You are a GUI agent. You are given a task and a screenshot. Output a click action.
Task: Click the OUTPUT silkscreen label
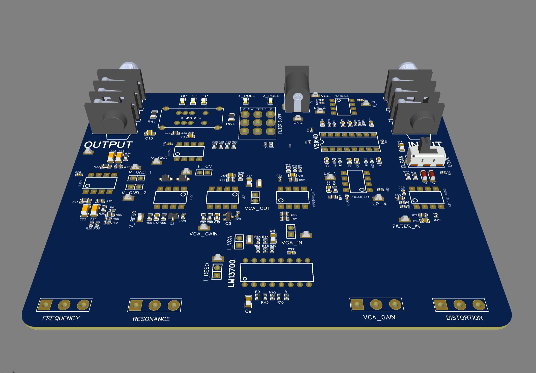tap(108, 145)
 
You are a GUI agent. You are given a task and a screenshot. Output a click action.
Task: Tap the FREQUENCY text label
tap(61, 318)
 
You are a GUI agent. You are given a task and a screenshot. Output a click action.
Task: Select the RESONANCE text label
tap(151, 319)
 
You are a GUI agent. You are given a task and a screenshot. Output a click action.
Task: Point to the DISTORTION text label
tap(464, 318)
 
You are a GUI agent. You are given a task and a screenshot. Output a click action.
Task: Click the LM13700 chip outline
tap(277, 272)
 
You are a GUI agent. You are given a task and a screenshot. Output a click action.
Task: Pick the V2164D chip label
tap(317, 142)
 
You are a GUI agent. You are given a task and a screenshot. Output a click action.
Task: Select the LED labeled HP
tap(183, 101)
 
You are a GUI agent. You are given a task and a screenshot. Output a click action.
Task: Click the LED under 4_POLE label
tap(246, 101)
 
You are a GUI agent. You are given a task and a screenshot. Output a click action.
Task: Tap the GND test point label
tap(298, 123)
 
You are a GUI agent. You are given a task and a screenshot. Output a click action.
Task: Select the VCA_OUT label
tap(257, 208)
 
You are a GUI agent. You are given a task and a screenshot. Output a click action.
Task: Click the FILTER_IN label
tap(406, 226)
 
